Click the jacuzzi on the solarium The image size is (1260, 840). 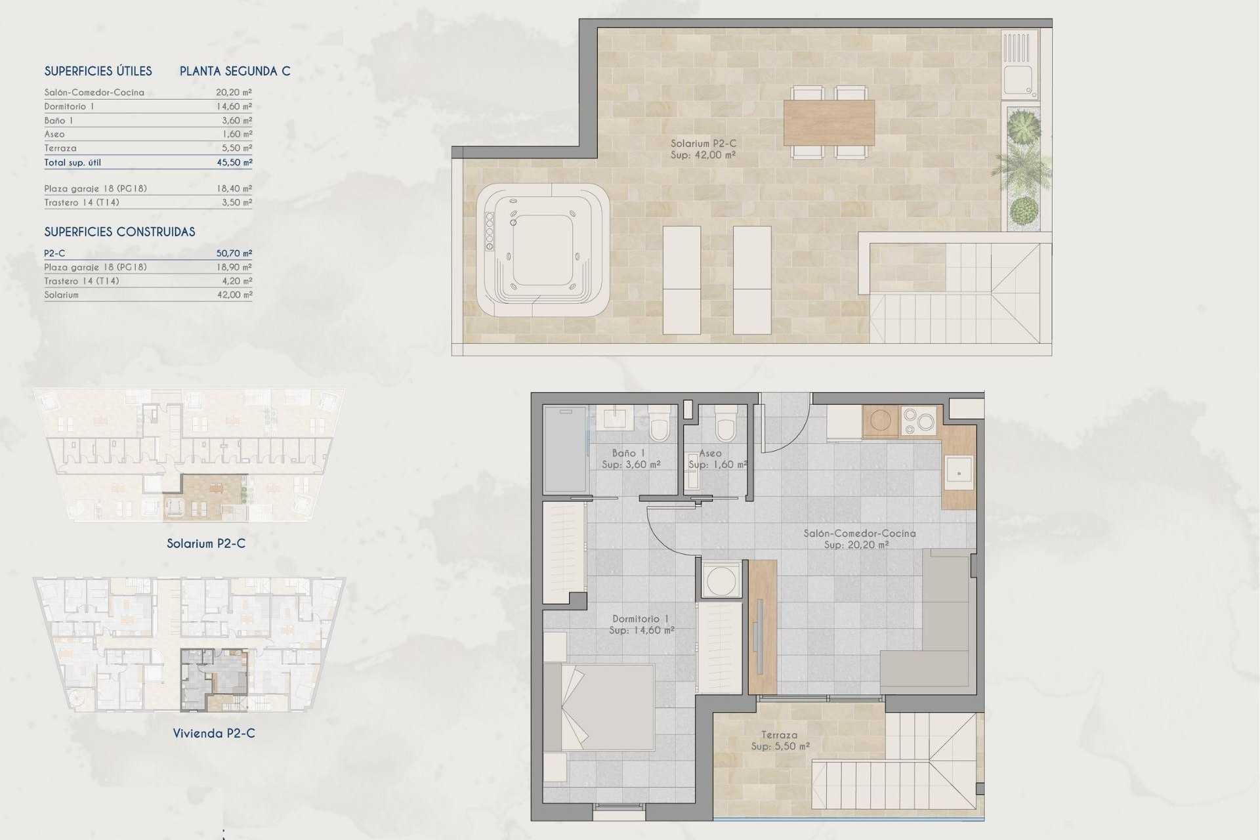coord(542,250)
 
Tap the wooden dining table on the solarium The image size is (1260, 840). coord(829,122)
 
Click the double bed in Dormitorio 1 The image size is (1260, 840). coord(599,707)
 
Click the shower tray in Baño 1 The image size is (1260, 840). coord(564,450)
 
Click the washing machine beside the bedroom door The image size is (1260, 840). coord(721,579)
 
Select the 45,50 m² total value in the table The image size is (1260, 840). coord(234,162)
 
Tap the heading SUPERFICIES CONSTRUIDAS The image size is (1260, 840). coord(119,232)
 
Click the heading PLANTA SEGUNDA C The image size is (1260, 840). coord(235,71)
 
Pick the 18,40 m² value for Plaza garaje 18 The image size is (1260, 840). coord(234,188)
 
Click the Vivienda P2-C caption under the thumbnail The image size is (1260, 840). coord(214,733)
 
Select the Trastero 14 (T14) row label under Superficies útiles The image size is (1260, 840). coord(81,202)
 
